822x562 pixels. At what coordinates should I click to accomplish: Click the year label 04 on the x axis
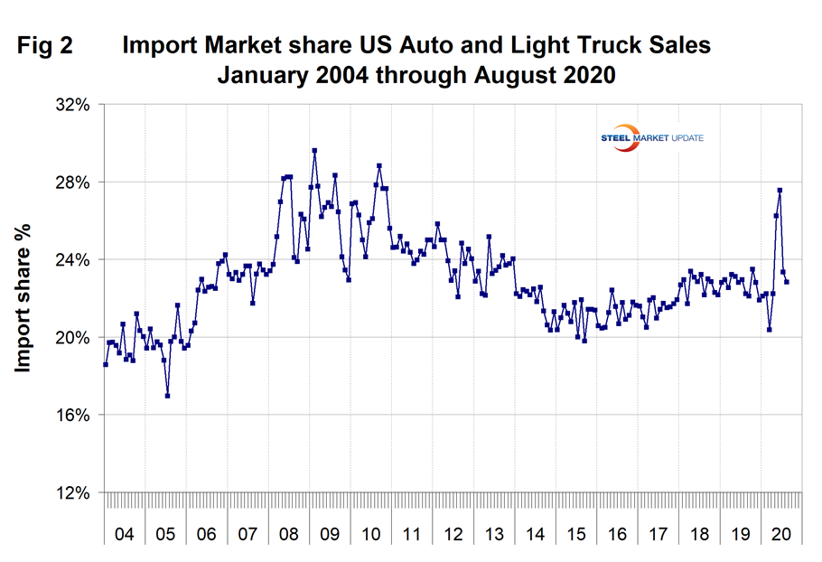[x=125, y=534]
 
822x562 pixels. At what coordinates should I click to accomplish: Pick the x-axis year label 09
[x=330, y=534]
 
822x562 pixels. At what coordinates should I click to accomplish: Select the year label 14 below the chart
[x=535, y=534]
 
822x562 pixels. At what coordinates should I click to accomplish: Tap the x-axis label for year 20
[x=781, y=534]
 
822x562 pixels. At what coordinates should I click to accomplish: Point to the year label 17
[x=659, y=534]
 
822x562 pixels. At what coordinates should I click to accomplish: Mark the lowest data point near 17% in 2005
[x=168, y=396]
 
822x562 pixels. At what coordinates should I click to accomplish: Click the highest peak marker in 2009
[x=314, y=151]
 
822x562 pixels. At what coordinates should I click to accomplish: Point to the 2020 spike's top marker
[x=780, y=191]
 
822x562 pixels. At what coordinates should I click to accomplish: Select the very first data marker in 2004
[x=106, y=364]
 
